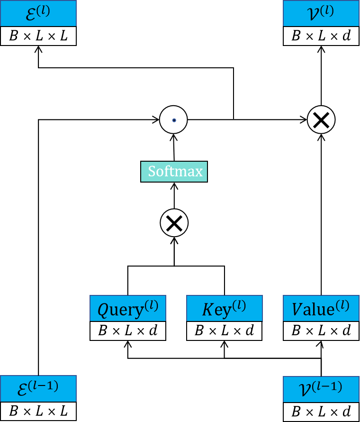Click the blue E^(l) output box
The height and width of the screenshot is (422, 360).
pyautogui.click(x=38, y=13)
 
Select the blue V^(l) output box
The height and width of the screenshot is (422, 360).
pyautogui.click(x=321, y=13)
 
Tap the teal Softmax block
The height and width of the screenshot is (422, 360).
pyautogui.click(x=174, y=171)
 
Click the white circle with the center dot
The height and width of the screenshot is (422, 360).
pyautogui.click(x=173, y=120)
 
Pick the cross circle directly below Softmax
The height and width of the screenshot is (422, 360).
pyautogui.click(x=174, y=223)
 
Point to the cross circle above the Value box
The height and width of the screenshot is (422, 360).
pyautogui.click(x=321, y=119)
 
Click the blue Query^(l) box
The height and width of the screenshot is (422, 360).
pyautogui.click(x=128, y=308)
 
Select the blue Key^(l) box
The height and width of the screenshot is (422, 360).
pyautogui.click(x=224, y=308)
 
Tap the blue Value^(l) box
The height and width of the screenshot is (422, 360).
pyautogui.click(x=321, y=308)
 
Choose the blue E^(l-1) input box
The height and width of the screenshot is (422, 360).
pyautogui.click(x=38, y=388)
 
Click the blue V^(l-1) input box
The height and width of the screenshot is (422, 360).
pyautogui.click(x=321, y=389)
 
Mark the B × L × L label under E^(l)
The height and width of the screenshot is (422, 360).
pyautogui.click(x=38, y=37)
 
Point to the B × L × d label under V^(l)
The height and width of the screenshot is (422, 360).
pyautogui.click(x=321, y=37)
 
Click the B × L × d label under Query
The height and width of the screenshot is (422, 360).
pyautogui.click(x=128, y=330)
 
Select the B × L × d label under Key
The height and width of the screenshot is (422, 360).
pyautogui.click(x=224, y=330)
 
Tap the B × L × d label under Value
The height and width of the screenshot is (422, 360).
pyautogui.click(x=321, y=330)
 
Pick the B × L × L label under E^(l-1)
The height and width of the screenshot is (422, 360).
pyautogui.click(x=38, y=411)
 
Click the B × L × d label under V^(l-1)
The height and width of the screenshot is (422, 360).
pyautogui.click(x=321, y=411)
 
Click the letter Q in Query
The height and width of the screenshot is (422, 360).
pyautogui.click(x=104, y=310)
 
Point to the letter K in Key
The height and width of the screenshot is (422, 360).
pyautogui.click(x=207, y=310)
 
